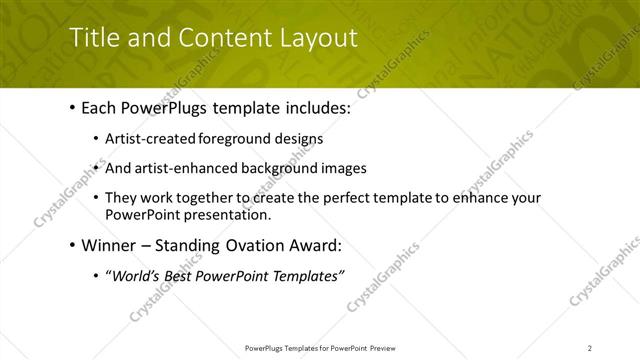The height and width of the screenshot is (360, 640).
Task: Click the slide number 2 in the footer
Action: [590, 348]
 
